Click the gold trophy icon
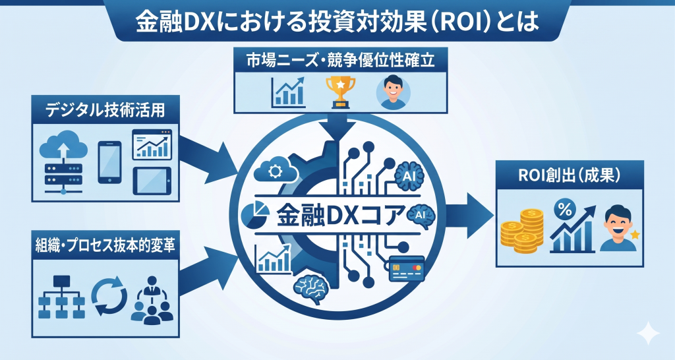pyautogui.click(x=341, y=92)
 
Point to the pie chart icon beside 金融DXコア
pyautogui.click(x=256, y=212)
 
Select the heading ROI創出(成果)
pyautogui.click(x=570, y=175)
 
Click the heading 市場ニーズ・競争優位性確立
pyautogui.click(x=341, y=61)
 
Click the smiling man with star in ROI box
pyautogui.click(x=620, y=227)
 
